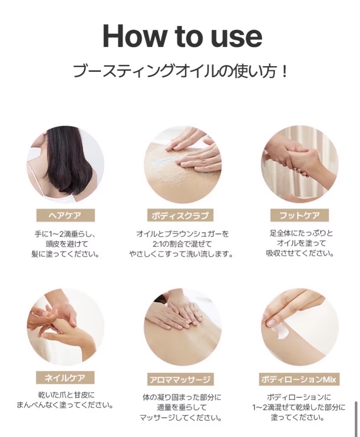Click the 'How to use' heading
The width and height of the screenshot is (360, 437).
click(183, 37)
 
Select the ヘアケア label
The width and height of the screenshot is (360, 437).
click(65, 216)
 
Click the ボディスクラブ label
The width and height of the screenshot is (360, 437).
click(180, 216)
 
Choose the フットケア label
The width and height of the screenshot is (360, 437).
click(300, 215)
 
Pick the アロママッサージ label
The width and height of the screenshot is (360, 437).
click(180, 380)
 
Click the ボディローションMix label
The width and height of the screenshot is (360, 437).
click(299, 380)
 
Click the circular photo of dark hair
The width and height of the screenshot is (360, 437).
click(66, 164)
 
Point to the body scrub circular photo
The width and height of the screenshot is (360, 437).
click(183, 164)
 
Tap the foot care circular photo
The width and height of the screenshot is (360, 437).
click(300, 164)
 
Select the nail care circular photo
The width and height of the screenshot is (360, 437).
click(66, 327)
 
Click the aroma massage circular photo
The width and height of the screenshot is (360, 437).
click(183, 327)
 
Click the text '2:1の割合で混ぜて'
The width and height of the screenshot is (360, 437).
click(182, 244)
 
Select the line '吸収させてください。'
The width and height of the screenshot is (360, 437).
click(300, 254)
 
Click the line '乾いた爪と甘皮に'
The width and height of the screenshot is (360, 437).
click(67, 395)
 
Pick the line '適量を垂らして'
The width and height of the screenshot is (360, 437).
click(182, 407)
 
